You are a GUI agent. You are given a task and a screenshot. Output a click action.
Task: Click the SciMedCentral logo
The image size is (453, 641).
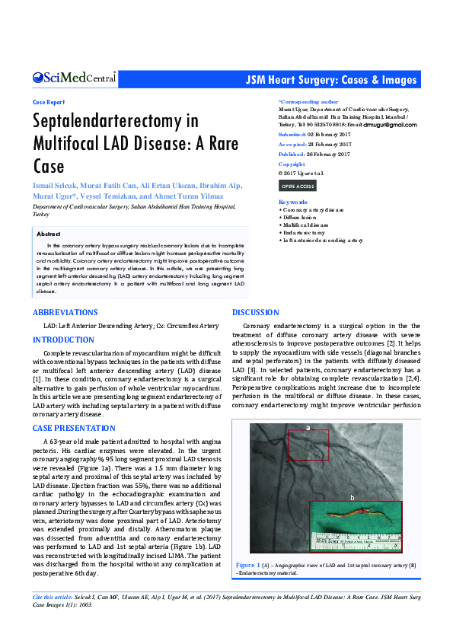point(74,78)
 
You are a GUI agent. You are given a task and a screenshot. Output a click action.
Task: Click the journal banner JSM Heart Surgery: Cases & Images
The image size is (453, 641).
point(331,81)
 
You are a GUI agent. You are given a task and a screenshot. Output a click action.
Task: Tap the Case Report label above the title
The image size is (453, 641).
point(49,102)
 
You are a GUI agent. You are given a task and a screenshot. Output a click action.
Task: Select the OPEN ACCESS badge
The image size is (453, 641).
point(297,186)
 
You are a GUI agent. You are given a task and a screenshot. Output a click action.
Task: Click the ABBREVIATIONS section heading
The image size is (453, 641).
point(65,313)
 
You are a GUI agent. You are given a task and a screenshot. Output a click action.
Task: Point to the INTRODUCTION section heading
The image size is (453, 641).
point(63,340)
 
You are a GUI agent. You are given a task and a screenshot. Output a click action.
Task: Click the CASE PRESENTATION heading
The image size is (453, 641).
point(74,429)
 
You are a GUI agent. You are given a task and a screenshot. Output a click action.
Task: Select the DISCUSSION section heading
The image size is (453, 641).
point(256,313)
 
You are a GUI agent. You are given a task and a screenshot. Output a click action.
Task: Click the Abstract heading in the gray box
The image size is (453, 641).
point(49,234)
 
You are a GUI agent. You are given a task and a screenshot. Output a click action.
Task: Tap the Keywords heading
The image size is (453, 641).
point(292,202)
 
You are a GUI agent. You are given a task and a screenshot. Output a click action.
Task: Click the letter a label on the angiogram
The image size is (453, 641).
point(308,428)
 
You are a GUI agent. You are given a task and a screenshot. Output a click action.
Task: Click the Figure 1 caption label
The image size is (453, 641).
point(247,566)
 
